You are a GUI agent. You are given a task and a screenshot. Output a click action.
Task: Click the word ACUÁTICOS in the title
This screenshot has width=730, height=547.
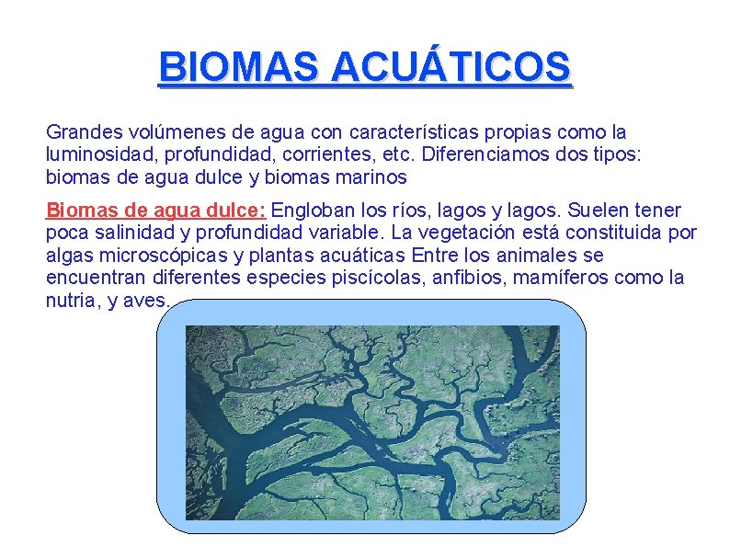coord(450,68)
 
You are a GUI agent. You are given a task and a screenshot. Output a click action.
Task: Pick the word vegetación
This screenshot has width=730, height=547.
coord(447,232)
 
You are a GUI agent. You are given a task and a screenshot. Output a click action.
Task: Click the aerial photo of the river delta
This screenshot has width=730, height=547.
coord(371,427)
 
